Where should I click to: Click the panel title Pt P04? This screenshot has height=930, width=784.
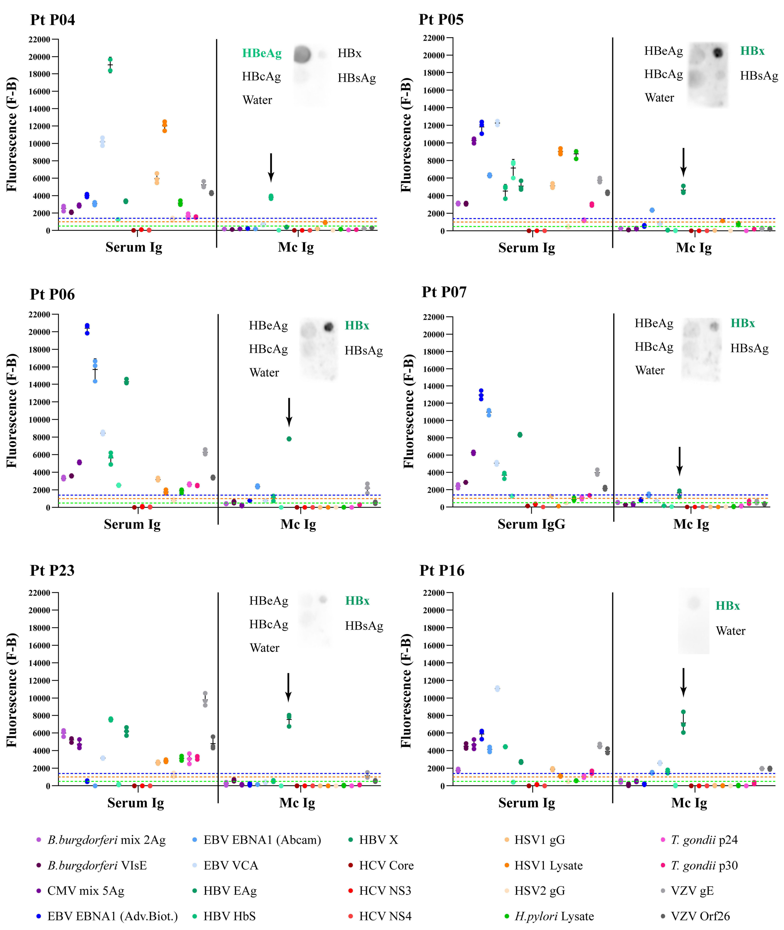point(52,20)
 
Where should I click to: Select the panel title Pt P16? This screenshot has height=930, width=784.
point(442,570)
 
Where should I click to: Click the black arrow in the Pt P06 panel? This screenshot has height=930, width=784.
point(289,412)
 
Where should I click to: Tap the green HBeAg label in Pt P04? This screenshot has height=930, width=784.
point(262,53)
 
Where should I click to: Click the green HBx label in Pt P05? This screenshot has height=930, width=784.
point(752,51)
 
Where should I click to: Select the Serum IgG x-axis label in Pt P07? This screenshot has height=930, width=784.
point(531,524)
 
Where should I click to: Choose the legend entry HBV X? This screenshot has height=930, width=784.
point(378,840)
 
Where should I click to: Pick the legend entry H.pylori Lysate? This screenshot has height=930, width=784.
point(554,916)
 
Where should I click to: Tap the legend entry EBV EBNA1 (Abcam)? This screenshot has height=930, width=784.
point(262,840)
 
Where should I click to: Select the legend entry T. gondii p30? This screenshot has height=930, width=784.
point(704,865)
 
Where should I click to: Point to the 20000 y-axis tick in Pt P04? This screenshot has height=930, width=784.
point(39,57)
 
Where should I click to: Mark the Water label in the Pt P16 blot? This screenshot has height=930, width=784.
point(730,631)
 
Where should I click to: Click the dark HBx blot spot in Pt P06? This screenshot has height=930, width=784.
point(329,327)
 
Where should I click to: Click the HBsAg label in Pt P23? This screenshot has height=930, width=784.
point(364,626)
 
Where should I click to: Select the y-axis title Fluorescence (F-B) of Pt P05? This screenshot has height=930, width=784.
point(406,135)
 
